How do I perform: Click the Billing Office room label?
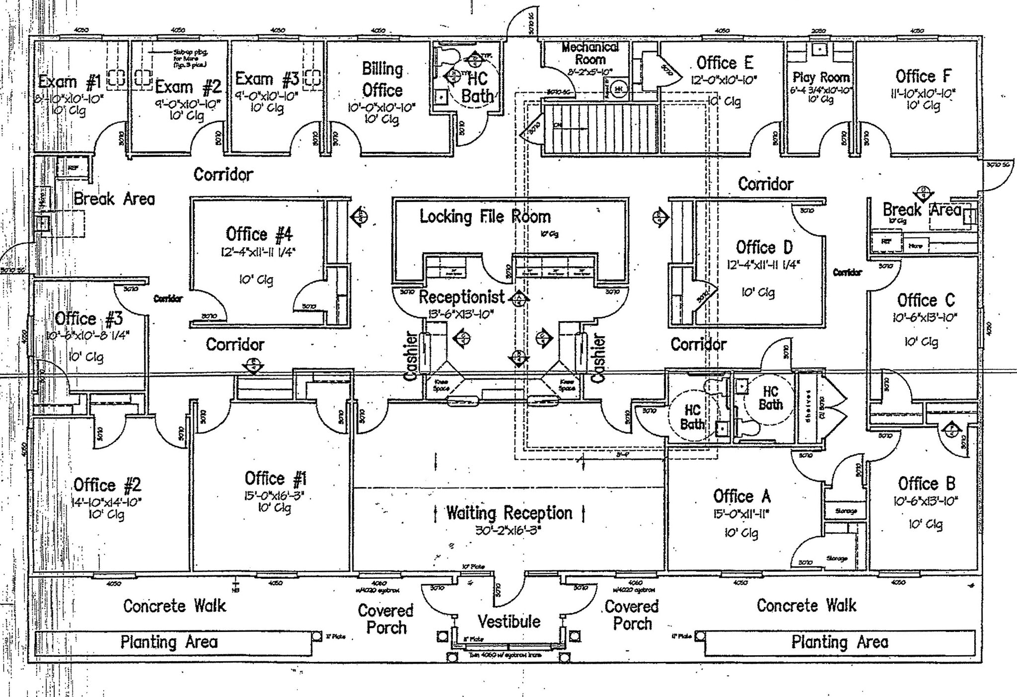tap(382, 79)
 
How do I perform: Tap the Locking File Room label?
tap(485, 216)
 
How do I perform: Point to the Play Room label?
tap(821, 77)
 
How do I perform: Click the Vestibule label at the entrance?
tap(508, 621)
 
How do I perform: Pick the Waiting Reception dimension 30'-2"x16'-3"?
tap(508, 530)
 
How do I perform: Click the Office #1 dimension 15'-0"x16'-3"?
tap(274, 495)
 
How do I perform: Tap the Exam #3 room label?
tap(267, 79)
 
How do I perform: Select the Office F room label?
tap(923, 76)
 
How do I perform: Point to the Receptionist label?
tap(462, 297)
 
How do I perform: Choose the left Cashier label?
tap(410, 356)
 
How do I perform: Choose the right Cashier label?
tap(599, 358)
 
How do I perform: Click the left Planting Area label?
tap(169, 642)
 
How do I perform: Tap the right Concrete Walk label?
tap(806, 605)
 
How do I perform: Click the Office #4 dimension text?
tap(258, 252)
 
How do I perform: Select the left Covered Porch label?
tap(386, 619)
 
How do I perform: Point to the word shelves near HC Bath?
tap(808, 406)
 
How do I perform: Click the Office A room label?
tap(741, 496)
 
